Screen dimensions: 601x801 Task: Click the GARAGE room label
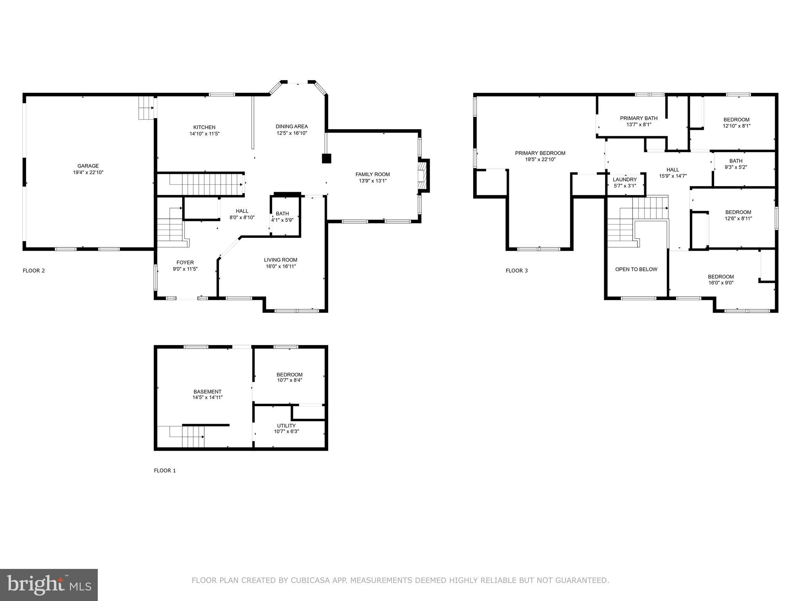pyautogui.click(x=88, y=166)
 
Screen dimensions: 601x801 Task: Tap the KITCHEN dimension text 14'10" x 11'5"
pyautogui.click(x=204, y=134)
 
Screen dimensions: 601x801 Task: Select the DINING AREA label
pyautogui.click(x=291, y=126)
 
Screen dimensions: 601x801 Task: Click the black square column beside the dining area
pyautogui.click(x=326, y=158)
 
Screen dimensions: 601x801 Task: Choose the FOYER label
pyautogui.click(x=185, y=263)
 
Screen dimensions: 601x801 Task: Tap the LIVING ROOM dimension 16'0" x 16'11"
pyautogui.click(x=280, y=266)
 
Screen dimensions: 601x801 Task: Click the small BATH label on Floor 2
pyautogui.click(x=282, y=214)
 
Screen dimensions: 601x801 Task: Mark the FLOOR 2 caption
pyautogui.click(x=34, y=271)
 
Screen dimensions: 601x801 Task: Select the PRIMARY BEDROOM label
pyautogui.click(x=540, y=153)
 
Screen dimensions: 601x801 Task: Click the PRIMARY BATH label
pyautogui.click(x=639, y=118)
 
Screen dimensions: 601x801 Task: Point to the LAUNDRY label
pyautogui.click(x=625, y=180)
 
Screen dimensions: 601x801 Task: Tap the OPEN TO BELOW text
pyautogui.click(x=636, y=269)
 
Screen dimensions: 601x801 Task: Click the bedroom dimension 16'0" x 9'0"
pyautogui.click(x=721, y=283)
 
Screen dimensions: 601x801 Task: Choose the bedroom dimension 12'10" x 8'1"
pyautogui.click(x=736, y=126)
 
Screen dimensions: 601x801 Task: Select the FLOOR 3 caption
pyautogui.click(x=516, y=271)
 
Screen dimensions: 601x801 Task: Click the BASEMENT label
pyautogui.click(x=207, y=392)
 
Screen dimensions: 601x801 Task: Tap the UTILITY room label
pyautogui.click(x=286, y=426)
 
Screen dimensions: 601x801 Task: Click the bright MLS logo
pyautogui.click(x=49, y=585)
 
